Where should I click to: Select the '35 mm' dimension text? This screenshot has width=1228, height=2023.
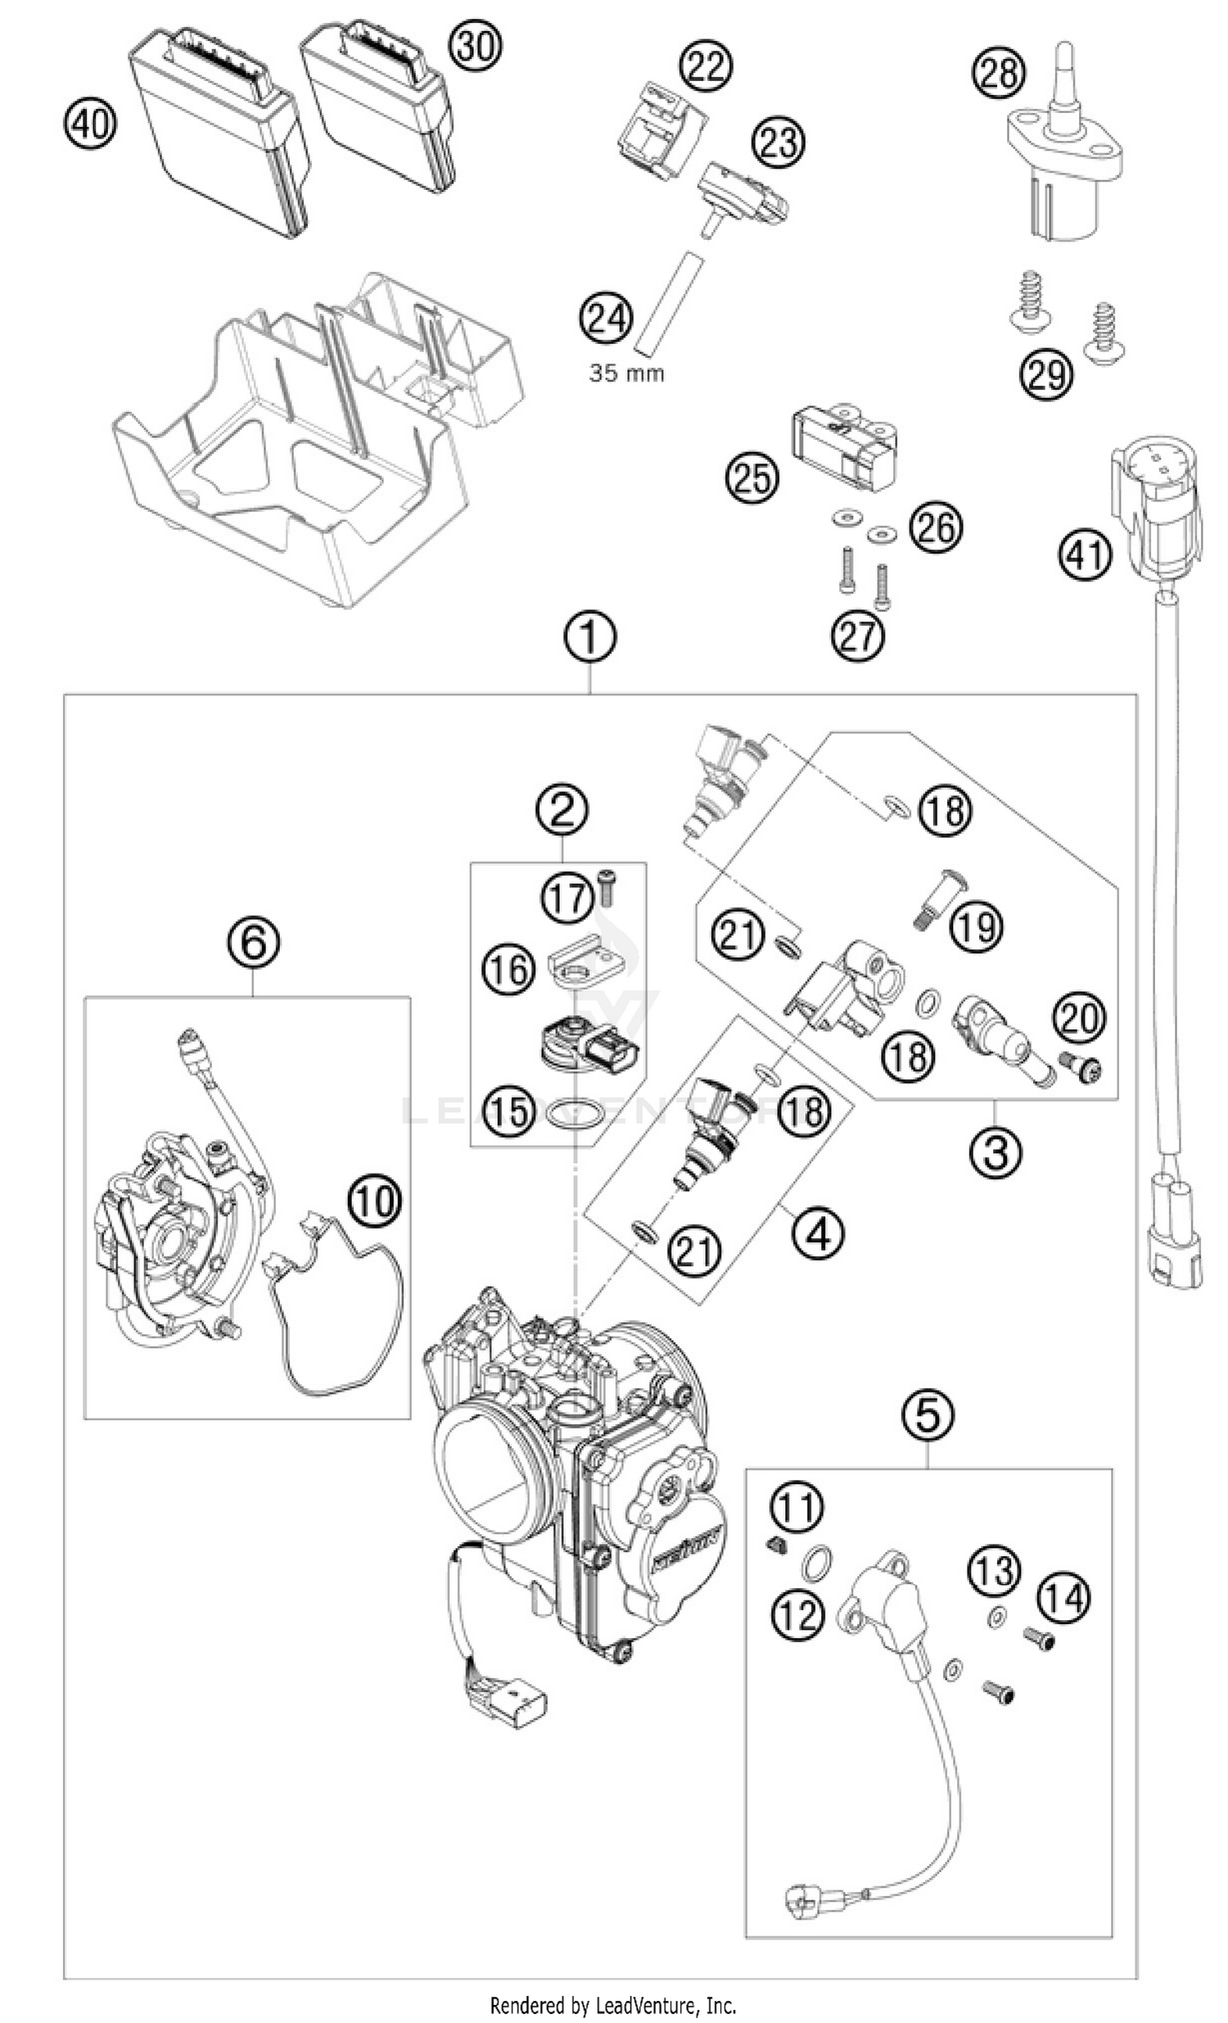tap(626, 373)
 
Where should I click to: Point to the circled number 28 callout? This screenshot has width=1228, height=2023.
tap(1000, 73)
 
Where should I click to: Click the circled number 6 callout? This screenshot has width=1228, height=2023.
tap(253, 942)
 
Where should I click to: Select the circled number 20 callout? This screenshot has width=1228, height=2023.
tap(1080, 1018)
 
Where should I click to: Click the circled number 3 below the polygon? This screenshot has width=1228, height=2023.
tap(995, 1152)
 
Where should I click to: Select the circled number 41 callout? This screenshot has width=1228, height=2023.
tap(1084, 556)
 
